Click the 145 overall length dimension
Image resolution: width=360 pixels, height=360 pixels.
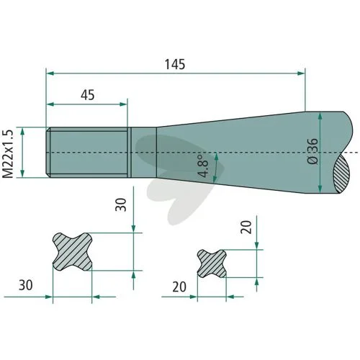175,64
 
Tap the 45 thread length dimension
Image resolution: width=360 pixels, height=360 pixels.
88,95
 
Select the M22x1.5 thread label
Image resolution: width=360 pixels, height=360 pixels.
8,154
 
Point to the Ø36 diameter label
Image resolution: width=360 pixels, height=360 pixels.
313,151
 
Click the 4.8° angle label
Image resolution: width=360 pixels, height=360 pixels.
202,166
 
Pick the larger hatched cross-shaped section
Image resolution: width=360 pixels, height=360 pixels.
72,251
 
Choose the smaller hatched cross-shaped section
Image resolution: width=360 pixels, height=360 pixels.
212,264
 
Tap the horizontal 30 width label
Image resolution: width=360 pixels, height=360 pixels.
26,285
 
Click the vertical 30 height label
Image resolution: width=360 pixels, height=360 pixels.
121,204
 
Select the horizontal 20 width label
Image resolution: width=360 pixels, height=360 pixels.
179,287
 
